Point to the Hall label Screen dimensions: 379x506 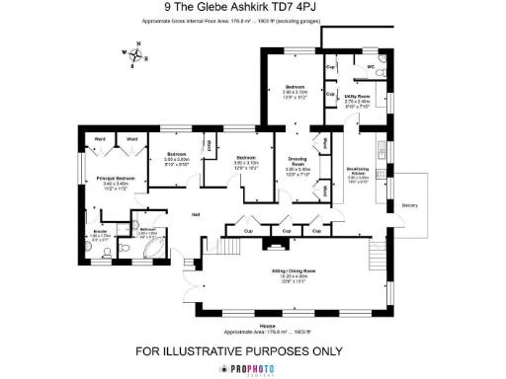click(197, 214)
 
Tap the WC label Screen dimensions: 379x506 click(371, 67)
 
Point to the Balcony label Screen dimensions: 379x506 click(410, 205)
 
